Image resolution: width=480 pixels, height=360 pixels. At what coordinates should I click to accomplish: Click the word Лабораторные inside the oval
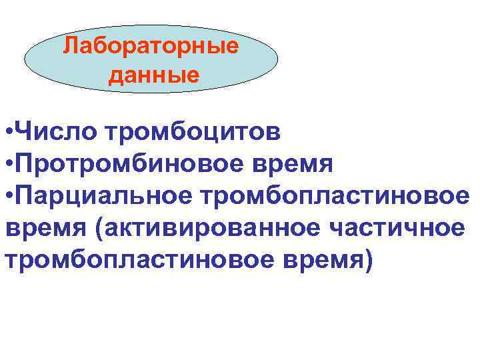click(151, 47)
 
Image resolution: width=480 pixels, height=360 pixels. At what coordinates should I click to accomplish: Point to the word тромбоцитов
click(192, 132)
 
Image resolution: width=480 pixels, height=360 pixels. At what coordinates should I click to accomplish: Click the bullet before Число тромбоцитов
click(7, 132)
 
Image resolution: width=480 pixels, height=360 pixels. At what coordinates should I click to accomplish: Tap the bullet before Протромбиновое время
click(7, 163)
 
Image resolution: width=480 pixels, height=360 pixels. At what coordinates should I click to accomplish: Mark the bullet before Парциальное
click(7, 194)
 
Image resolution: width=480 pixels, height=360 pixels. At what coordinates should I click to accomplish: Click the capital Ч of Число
click(23, 132)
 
